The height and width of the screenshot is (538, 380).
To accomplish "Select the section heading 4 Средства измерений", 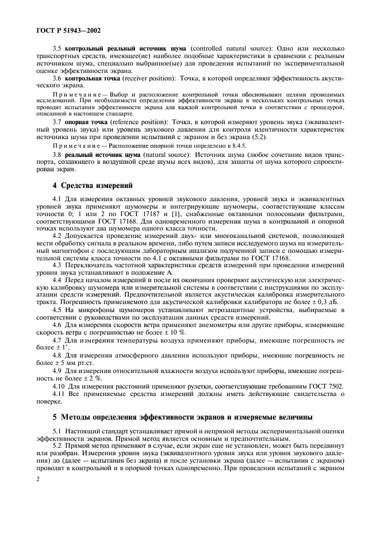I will pyautogui.click(x=93, y=185).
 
